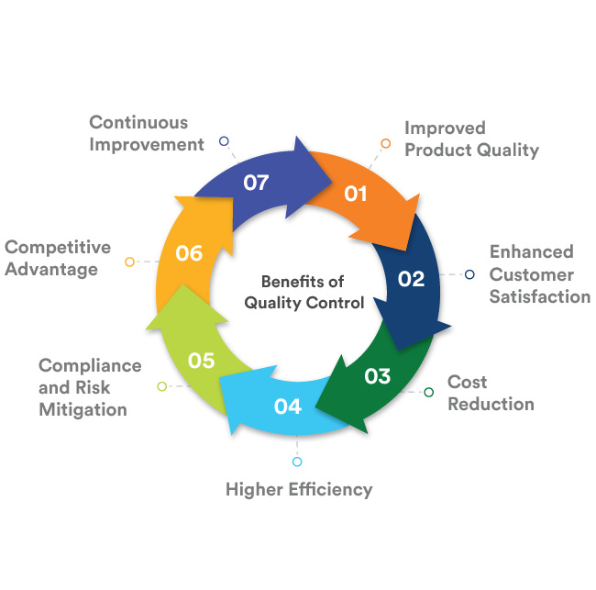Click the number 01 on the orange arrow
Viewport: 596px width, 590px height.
(x=356, y=194)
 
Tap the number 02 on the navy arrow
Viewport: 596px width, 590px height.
(x=411, y=279)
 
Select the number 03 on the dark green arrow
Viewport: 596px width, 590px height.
(x=377, y=376)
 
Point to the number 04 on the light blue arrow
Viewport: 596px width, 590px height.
(x=287, y=406)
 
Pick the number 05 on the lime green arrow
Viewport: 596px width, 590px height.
(x=201, y=361)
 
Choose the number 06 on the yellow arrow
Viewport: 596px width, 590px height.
(x=189, y=253)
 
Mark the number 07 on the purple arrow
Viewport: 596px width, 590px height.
(x=256, y=183)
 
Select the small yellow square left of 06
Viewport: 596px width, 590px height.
(x=130, y=268)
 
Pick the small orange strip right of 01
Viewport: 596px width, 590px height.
(x=392, y=143)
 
